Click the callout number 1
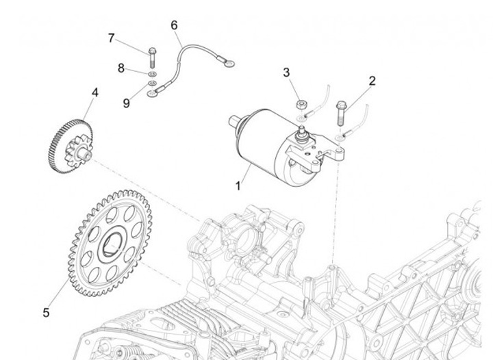(238, 185)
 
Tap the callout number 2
(372, 81)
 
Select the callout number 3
(286, 73)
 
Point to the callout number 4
(94, 92)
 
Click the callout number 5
(46, 312)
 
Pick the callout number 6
(174, 25)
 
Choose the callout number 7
(111, 38)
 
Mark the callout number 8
(121, 68)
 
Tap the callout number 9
(126, 103)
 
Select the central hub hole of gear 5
(112, 243)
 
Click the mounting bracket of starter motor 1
(327, 157)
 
